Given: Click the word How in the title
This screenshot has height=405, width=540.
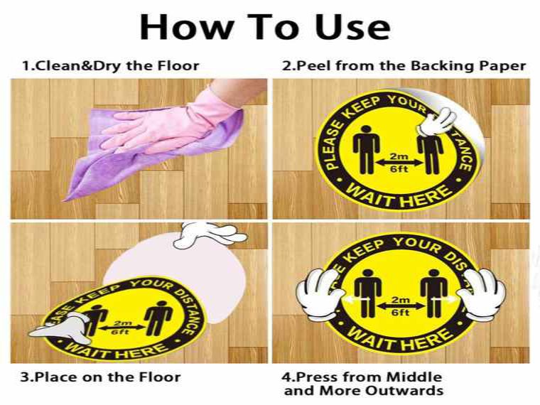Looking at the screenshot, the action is pos(188,28).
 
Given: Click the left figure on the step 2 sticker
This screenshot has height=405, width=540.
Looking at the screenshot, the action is pos(366,149).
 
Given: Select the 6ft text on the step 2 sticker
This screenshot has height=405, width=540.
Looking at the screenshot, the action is pos(399,169).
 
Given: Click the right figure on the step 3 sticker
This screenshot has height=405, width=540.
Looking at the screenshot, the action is pos(158,318).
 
